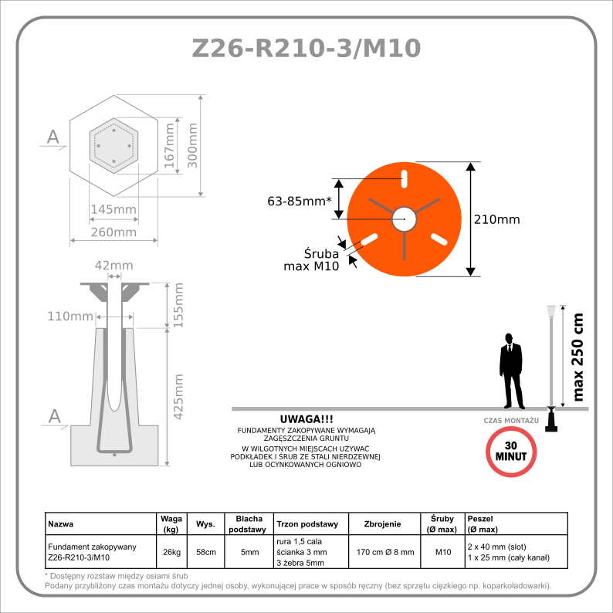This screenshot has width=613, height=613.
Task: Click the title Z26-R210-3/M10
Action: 306,48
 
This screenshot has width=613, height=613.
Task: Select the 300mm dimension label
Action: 193,144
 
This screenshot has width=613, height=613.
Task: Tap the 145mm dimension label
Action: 113,210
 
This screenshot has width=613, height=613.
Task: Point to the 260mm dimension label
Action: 113,232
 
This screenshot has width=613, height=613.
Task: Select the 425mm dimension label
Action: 179,396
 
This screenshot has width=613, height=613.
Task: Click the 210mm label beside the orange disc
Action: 496,219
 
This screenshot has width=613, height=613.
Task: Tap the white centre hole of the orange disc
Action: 403,219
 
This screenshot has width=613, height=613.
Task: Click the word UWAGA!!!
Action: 306,418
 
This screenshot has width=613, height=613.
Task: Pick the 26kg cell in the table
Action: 171,552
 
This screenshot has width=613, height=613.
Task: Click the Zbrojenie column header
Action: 382,524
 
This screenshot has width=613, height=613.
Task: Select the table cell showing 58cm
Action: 205,552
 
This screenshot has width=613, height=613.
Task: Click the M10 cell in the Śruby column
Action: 443,552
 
